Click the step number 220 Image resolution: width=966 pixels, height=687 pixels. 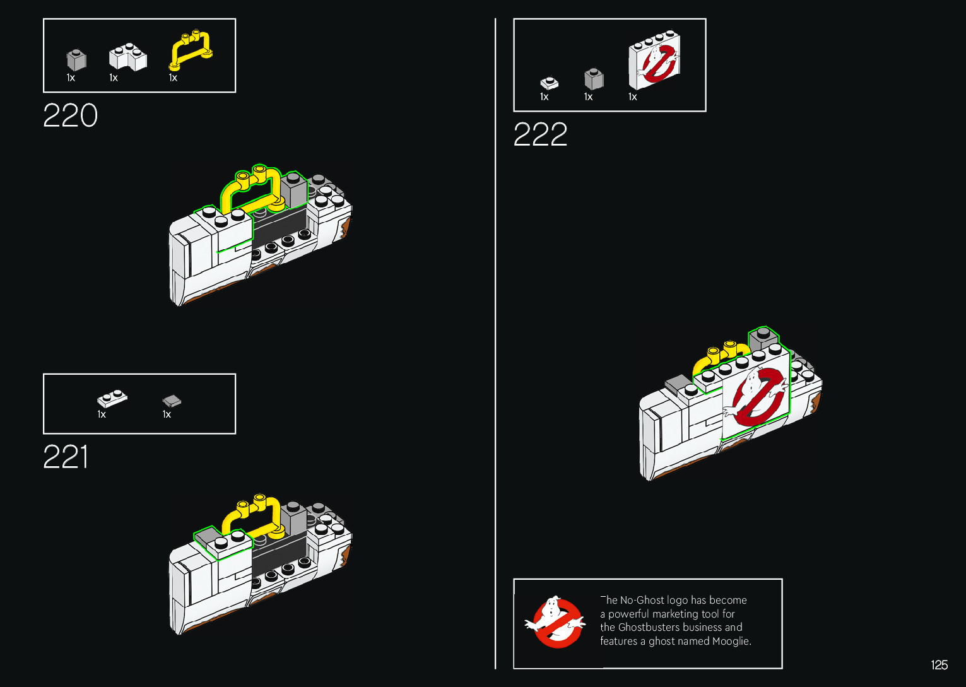(x=70, y=116)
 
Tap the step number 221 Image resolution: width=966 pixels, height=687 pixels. (x=66, y=457)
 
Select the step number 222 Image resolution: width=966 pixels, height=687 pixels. (x=540, y=135)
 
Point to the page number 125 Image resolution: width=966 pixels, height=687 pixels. (x=939, y=665)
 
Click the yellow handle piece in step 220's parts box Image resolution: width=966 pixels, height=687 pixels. (x=191, y=49)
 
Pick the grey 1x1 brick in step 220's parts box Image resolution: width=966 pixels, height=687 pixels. (x=76, y=60)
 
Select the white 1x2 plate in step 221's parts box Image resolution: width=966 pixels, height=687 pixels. (x=112, y=399)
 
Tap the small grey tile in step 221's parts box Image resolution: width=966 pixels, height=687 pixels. (x=172, y=401)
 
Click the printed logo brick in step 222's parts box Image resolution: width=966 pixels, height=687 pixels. (x=654, y=59)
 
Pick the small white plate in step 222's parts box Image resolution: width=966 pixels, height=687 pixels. (x=549, y=83)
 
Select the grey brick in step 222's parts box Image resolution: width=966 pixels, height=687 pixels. (x=594, y=79)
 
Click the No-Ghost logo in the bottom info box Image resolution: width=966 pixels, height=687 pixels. (x=555, y=623)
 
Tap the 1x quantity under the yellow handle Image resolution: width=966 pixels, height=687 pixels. (x=173, y=78)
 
